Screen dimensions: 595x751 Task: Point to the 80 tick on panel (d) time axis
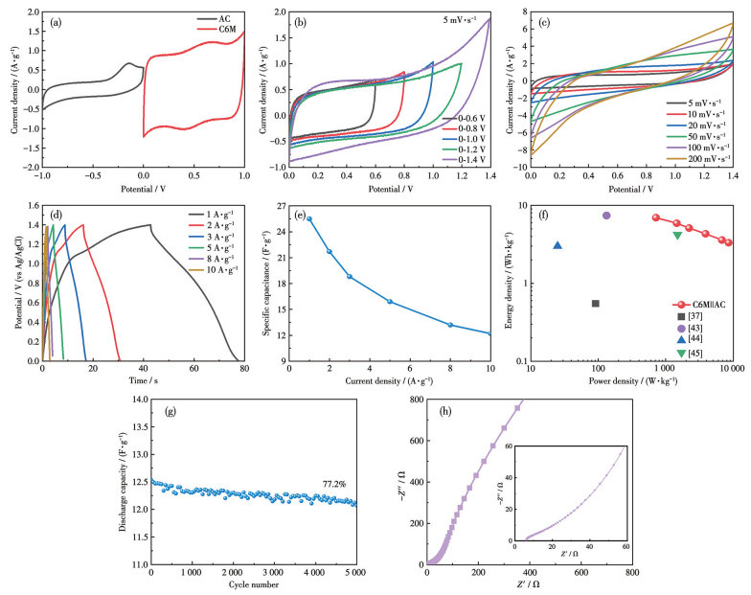(244, 367)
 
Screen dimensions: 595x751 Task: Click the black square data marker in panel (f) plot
(596, 304)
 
